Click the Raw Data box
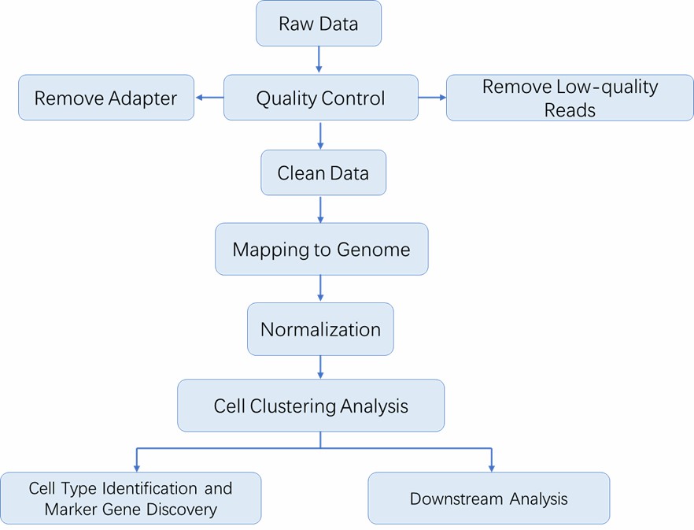pyautogui.click(x=319, y=24)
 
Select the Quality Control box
pyautogui.click(x=321, y=98)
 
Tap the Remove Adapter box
pyautogui.click(x=106, y=98)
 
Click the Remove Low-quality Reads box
pyautogui.click(x=570, y=98)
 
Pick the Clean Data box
pyautogui.click(x=323, y=172)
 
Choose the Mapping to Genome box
pyautogui.click(x=322, y=249)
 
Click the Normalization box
pyautogui.click(x=320, y=328)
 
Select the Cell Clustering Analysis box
pyautogui.click(x=311, y=406)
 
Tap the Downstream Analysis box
pyautogui.click(x=489, y=498)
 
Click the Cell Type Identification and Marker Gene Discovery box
pyautogui.click(x=131, y=498)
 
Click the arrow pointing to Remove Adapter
pyautogui.click(x=209, y=98)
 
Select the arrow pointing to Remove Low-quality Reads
pyautogui.click(x=432, y=98)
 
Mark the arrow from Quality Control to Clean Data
pyautogui.click(x=320, y=135)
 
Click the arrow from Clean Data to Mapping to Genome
pyautogui.click(x=320, y=209)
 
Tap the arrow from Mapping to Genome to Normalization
pyautogui.click(x=320, y=288)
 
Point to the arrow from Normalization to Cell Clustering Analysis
pyautogui.click(x=320, y=367)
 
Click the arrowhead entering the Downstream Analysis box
pyautogui.click(x=492, y=468)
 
